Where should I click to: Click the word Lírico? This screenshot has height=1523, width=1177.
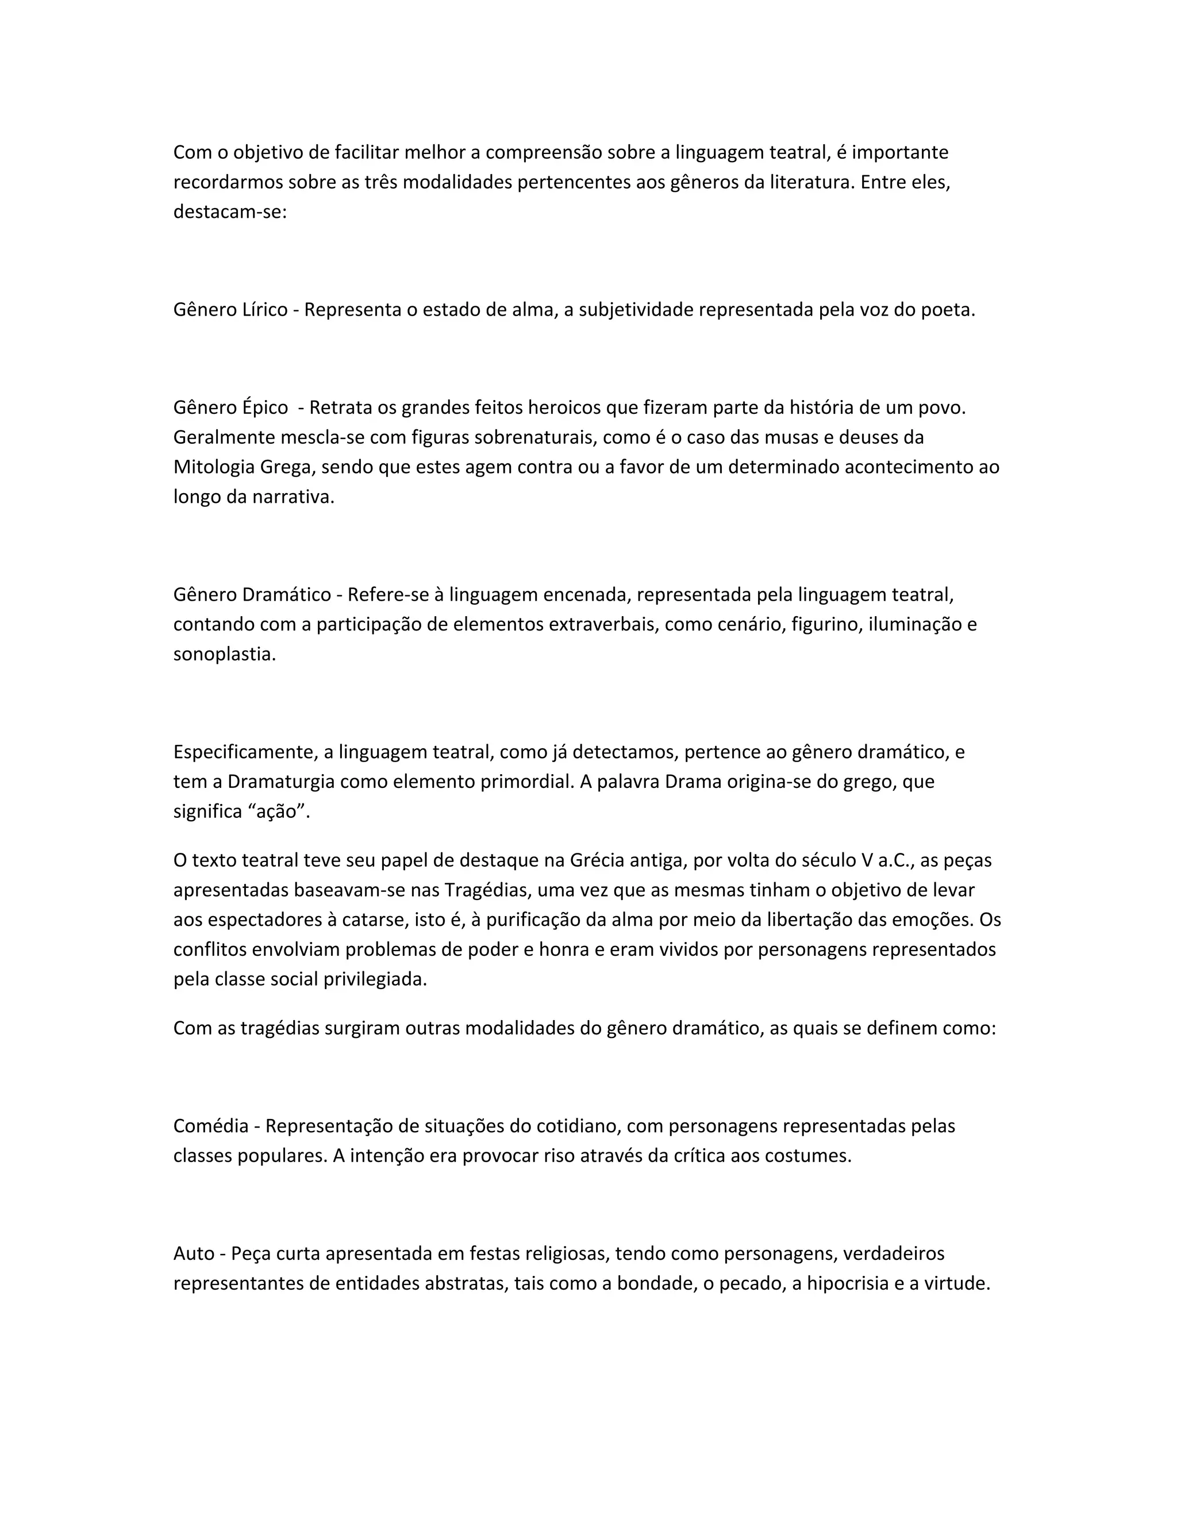click(265, 310)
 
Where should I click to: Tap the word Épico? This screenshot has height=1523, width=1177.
click(265, 408)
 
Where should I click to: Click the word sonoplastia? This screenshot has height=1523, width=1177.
click(225, 655)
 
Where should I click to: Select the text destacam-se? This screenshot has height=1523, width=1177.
click(230, 212)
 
